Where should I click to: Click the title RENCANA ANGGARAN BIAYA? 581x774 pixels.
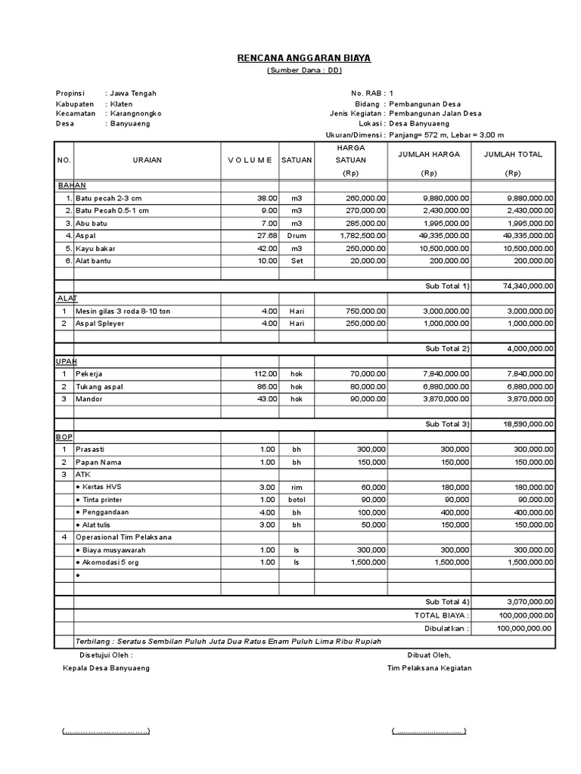coord(305,57)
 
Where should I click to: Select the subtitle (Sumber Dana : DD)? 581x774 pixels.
coord(305,70)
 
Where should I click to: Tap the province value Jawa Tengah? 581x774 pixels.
coord(133,94)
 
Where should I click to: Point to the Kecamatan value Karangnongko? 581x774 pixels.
coord(136,113)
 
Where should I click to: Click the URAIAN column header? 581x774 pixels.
coord(147,160)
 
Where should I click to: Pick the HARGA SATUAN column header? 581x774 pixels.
coord(350,154)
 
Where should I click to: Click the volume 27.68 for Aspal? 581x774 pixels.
coord(267,236)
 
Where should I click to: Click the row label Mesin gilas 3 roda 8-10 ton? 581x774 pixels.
coord(123,311)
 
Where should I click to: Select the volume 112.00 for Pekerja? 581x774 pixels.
coord(266,374)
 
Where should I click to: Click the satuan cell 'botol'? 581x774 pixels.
coord(297,500)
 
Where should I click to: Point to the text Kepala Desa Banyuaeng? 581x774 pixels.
coord(107,668)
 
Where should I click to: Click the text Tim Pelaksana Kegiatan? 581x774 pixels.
coord(429,668)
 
